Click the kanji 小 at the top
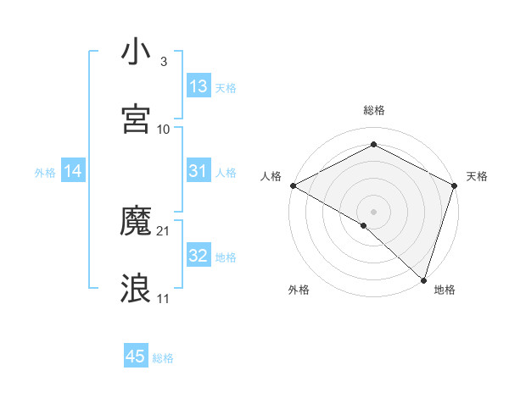point(136,52)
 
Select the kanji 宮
point(136,119)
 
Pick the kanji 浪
point(136,289)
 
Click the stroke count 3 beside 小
point(163,62)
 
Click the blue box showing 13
point(199,86)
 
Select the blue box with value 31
point(199,171)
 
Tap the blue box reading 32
point(199,256)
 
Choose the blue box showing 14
point(73,172)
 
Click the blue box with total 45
point(136,357)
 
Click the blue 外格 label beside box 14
point(45,173)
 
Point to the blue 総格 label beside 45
point(163,358)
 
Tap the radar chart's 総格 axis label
point(373,110)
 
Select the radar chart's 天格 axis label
point(478,176)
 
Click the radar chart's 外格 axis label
point(299,290)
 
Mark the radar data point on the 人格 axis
point(292,185)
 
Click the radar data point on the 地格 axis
point(423,279)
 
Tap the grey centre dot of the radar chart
point(373,211)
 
